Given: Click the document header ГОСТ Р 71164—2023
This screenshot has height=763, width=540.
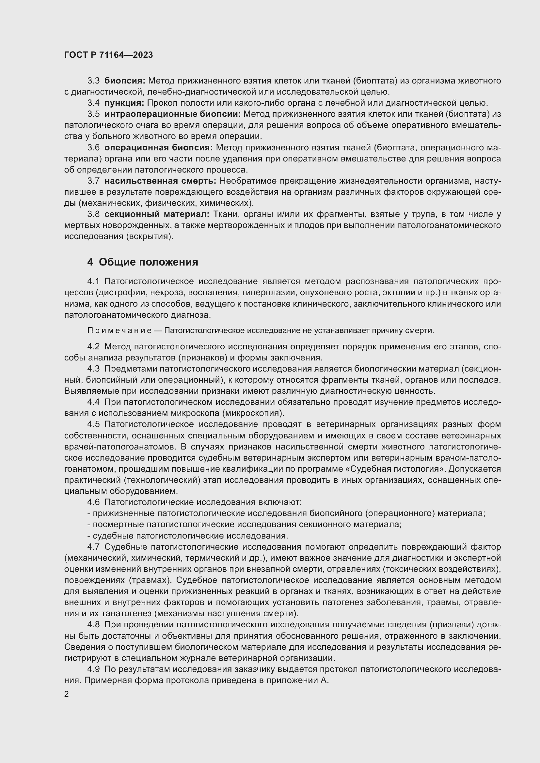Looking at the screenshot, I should coord(108,55).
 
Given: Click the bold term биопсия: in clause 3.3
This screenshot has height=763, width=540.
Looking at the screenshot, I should coord(125,81).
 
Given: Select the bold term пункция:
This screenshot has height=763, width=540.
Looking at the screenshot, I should coord(124,103).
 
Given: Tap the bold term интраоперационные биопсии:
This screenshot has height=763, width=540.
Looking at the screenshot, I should coord(173,114).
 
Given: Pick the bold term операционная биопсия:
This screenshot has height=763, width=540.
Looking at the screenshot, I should coord(159,147).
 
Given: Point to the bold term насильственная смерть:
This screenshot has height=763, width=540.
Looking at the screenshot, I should coord(160,181).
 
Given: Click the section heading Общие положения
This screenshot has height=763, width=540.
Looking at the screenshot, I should coord(148,262).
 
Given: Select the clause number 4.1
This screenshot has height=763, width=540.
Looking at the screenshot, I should coord(93,282).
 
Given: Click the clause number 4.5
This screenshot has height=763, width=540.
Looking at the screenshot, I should coord(93,424).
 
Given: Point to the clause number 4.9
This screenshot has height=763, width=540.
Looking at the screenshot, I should coord(93,669).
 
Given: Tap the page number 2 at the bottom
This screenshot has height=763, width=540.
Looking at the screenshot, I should coord(67,694).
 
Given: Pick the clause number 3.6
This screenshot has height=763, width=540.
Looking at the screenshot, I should coord(93,147).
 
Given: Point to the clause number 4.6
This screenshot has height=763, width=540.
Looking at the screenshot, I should coord(93,502).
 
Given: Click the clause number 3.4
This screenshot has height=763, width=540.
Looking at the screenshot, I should coord(93,103).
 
